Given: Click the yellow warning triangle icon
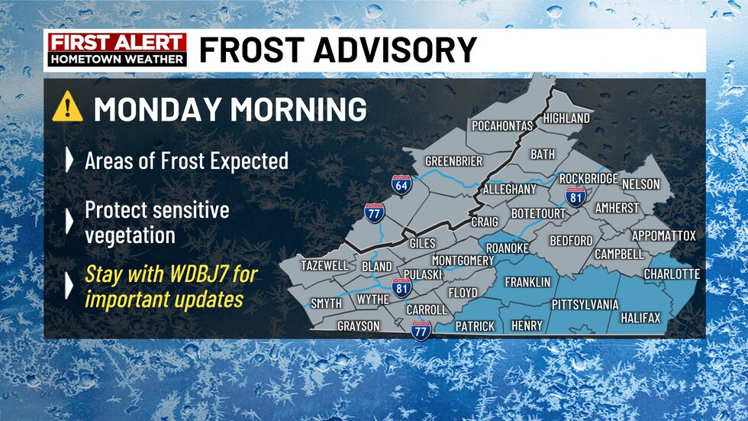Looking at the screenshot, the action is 67,108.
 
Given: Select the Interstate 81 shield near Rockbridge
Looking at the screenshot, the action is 576,195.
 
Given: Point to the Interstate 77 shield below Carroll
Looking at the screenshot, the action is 421,329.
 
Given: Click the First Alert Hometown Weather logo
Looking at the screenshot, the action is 117,50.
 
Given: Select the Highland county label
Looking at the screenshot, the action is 566,118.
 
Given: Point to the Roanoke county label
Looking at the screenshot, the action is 508,247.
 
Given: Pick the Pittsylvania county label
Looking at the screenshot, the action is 585,304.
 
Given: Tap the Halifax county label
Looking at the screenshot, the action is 640,317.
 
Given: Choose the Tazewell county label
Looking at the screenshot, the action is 324,265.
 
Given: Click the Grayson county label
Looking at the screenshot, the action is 359,326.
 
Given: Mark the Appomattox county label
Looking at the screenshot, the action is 663,236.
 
